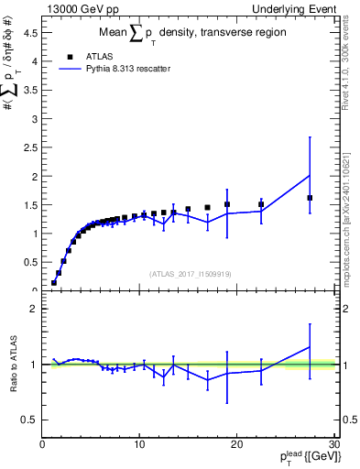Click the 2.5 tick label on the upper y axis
[x=30, y=147]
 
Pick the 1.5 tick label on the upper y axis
[x=30, y=205]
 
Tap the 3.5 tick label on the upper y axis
[x=30, y=90]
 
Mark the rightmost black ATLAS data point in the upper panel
[x=310, y=198]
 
